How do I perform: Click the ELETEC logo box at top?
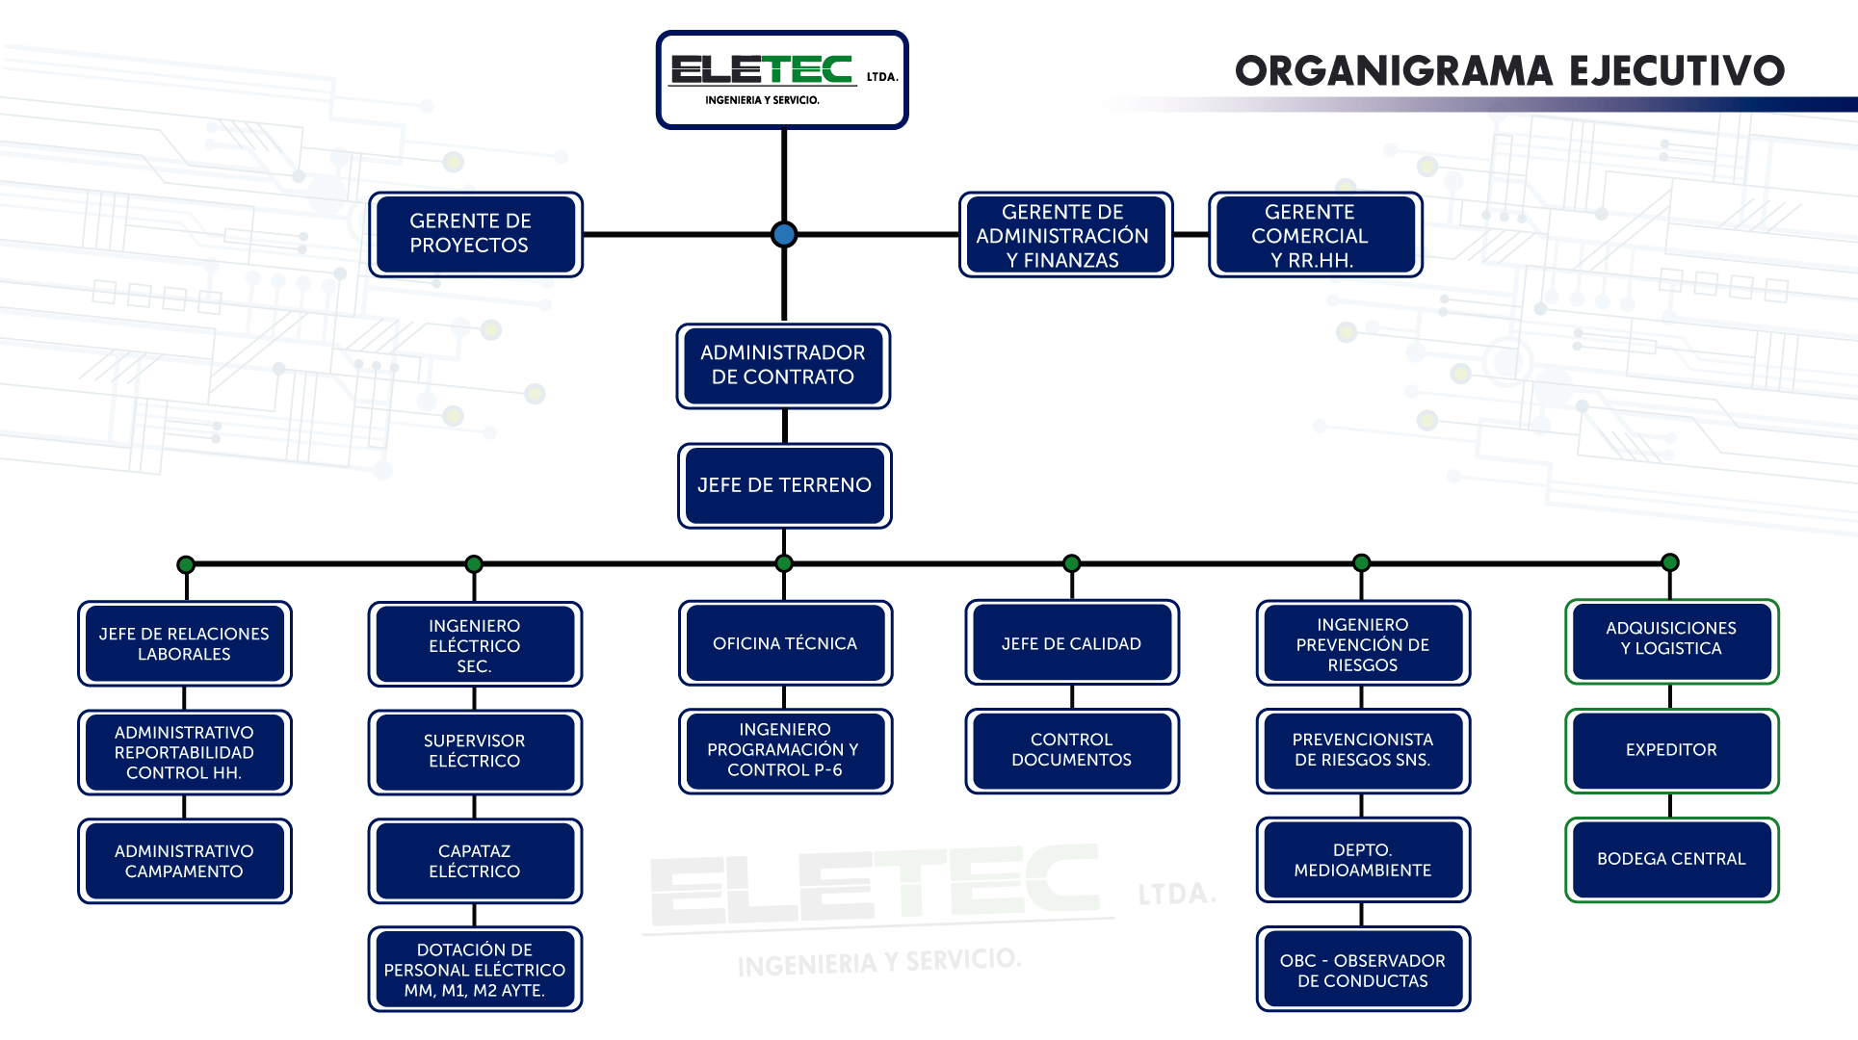pyautogui.click(x=782, y=80)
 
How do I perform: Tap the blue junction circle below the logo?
pyautogui.click(x=784, y=234)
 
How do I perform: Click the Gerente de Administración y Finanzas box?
pyautogui.click(x=1065, y=235)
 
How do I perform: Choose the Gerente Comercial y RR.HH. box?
pyautogui.click(x=1315, y=235)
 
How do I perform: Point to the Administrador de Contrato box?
pyautogui.click(x=783, y=366)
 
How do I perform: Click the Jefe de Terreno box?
pyautogui.click(x=784, y=485)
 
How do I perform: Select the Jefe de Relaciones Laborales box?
pyautogui.click(x=184, y=643)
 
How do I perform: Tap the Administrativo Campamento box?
pyautogui.click(x=184, y=861)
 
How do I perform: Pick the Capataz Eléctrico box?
pyautogui.click(x=475, y=861)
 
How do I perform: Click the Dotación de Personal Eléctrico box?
pyautogui.click(x=475, y=969)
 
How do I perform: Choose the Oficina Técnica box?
pyautogui.click(x=785, y=643)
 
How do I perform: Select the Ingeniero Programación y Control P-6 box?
pyautogui.click(x=785, y=750)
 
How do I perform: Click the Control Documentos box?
pyautogui.click(x=1071, y=750)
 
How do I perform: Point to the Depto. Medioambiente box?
pyautogui.click(x=1362, y=860)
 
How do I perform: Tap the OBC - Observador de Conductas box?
pyautogui.click(x=1362, y=970)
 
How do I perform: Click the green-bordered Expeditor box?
pyautogui.click(x=1671, y=750)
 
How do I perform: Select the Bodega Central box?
pyautogui.click(x=1671, y=859)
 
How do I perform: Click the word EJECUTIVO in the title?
pyautogui.click(x=1676, y=71)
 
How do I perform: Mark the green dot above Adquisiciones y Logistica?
pyautogui.click(x=1670, y=562)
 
